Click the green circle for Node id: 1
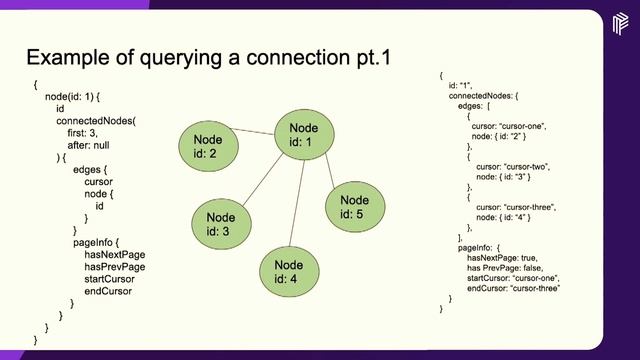[x=302, y=135]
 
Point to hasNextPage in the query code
[x=115, y=255]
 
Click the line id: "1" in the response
[x=463, y=85]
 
